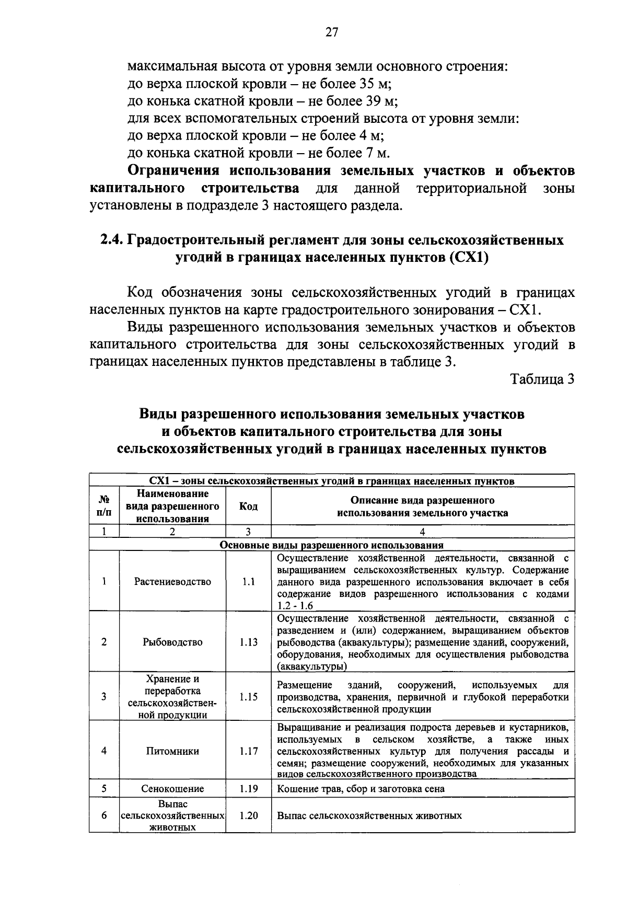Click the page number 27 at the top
(332, 32)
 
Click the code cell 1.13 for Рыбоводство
(249, 642)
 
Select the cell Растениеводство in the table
(172, 582)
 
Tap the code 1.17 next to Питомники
(249, 751)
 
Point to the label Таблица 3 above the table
(542, 379)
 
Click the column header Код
(248, 506)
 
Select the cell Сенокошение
(172, 789)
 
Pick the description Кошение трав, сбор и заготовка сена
(361, 789)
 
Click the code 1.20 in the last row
(249, 815)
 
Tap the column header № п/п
(104, 506)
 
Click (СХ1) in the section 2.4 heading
(468, 258)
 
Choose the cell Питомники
(172, 751)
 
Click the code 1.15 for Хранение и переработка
(249, 697)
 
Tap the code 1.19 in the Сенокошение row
(249, 789)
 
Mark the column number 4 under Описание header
(422, 532)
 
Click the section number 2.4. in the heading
(112, 240)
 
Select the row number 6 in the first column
(104, 815)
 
